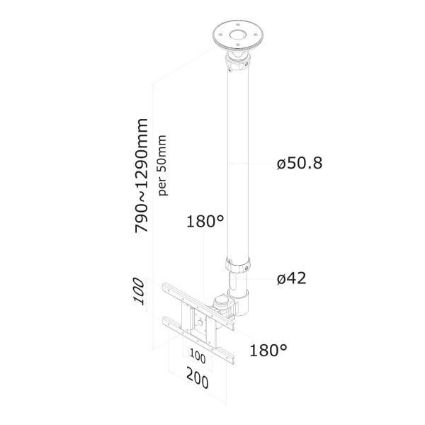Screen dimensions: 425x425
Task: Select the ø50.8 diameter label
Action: pyautogui.click(x=299, y=164)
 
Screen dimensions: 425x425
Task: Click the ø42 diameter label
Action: pyautogui.click(x=291, y=278)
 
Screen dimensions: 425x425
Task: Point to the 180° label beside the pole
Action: pyautogui.click(x=205, y=222)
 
